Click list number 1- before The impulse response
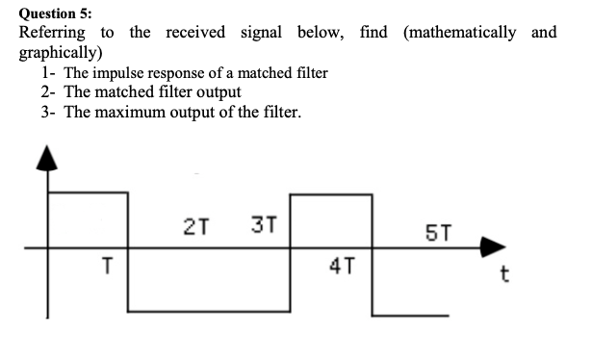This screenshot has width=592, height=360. tap(49, 73)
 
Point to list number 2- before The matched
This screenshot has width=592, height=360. tap(49, 92)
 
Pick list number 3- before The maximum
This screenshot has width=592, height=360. tap(49, 113)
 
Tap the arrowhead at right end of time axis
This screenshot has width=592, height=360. tap(492, 247)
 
